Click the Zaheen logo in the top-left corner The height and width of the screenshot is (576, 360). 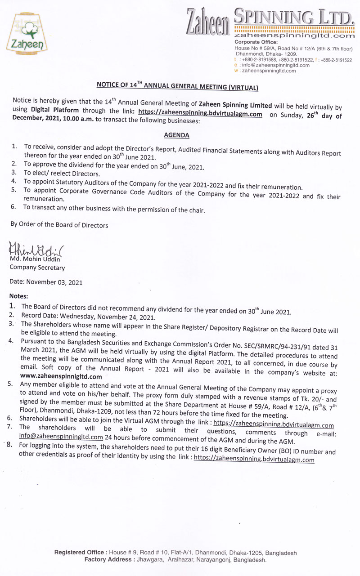click(x=27, y=34)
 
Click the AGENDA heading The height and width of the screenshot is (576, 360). click(x=176, y=135)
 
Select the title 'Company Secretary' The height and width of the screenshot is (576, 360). click(x=37, y=268)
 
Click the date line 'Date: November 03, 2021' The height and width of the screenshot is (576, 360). click(x=46, y=282)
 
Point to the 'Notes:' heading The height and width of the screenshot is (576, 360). click(x=19, y=296)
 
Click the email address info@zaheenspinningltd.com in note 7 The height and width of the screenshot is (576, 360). click(x=61, y=437)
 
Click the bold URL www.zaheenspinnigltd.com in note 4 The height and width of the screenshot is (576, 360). click(x=61, y=376)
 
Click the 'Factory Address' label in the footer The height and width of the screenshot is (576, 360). click(x=108, y=560)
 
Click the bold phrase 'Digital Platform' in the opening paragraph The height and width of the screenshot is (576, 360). click(x=55, y=110)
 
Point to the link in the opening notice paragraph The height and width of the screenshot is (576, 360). click(x=200, y=114)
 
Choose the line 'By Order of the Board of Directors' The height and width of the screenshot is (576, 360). click(x=59, y=225)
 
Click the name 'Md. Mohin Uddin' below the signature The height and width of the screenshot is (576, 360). click(x=35, y=260)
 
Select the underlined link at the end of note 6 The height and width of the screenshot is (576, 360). click(x=273, y=424)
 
